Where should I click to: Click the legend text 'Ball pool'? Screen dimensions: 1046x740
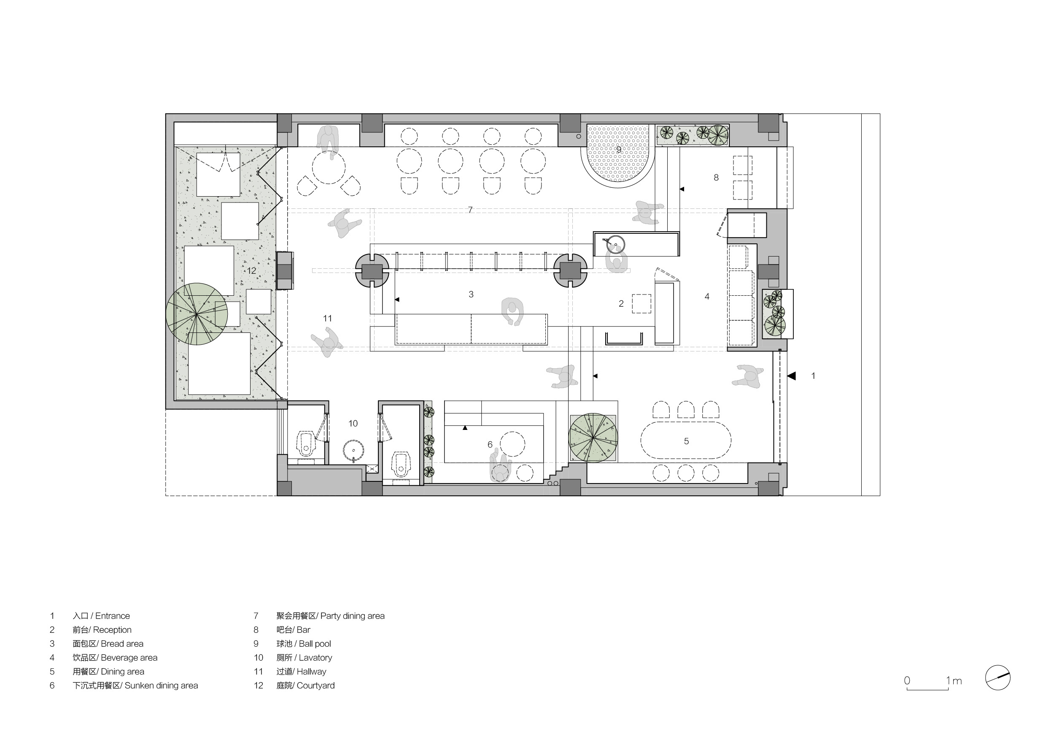(315, 643)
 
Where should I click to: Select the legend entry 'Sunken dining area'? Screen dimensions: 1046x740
(161, 685)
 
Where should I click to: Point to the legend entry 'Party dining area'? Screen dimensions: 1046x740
(352, 616)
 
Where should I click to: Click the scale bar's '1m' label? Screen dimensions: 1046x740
(954, 681)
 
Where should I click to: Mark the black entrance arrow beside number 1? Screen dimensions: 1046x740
(791, 376)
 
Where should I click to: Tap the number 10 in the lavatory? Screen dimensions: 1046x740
(353, 423)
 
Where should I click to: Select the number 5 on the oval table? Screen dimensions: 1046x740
(687, 441)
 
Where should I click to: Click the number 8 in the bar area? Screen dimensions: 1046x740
(716, 177)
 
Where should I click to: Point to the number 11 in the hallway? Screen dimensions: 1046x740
(328, 318)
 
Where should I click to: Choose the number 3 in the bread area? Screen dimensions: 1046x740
(471, 294)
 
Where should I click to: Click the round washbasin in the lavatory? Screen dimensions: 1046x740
(353, 451)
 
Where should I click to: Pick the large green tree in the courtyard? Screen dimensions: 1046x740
(197, 314)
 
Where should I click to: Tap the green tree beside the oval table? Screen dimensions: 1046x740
(593, 438)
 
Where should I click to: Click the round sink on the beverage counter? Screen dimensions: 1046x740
(615, 244)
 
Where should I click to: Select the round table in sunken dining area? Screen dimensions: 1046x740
(512, 444)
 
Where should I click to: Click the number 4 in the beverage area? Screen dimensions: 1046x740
(707, 296)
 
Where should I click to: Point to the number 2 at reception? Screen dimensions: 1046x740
(621, 303)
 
